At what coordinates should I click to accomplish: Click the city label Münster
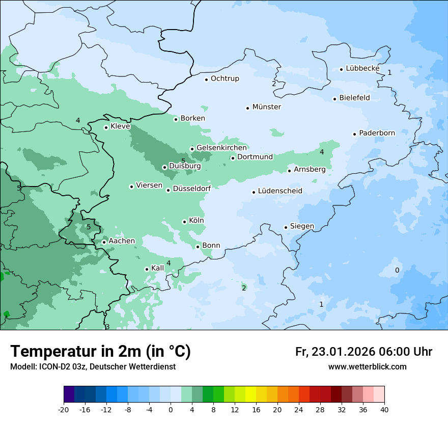point(267,107)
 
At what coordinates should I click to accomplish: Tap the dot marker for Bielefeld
point(335,99)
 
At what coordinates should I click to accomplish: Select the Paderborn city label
point(377,133)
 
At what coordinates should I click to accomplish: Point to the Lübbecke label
point(362,68)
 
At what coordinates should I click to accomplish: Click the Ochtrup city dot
point(207,79)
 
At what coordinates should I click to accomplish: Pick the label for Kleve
point(120,126)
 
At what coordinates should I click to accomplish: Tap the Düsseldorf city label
point(192,189)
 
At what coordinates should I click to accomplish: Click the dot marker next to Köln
point(185,222)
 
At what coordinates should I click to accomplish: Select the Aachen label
point(122,241)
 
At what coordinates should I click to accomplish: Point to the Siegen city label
point(302,226)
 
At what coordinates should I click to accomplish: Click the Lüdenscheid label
point(280,191)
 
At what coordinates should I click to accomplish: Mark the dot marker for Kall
point(147,269)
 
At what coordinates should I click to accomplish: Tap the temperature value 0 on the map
point(397,270)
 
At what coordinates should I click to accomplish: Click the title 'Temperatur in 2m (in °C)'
point(100,351)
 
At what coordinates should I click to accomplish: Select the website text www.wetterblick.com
point(367,366)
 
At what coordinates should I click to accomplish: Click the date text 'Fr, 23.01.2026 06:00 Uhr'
point(363,352)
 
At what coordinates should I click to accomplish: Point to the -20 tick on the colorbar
point(64,410)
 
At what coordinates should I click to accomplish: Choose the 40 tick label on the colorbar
point(384,410)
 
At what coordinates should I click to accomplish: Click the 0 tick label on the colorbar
point(171,410)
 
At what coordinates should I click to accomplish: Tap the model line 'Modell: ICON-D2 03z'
point(93,367)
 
